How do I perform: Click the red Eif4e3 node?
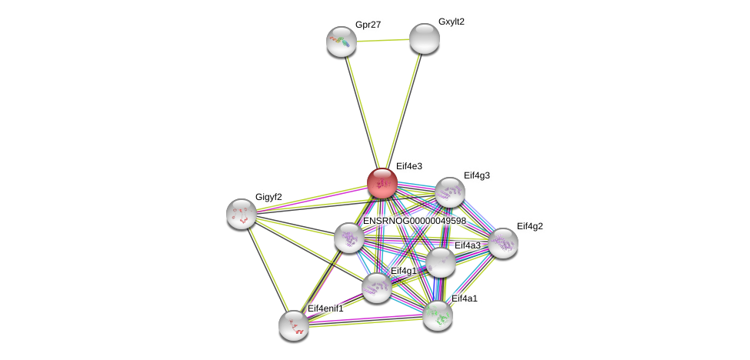[382, 183]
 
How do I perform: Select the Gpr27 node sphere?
[341, 42]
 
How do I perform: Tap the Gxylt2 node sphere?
[424, 38]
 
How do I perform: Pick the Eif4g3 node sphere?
[450, 192]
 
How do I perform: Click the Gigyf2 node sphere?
[242, 214]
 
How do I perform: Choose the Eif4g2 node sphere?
[503, 243]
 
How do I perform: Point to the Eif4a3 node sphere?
[441, 262]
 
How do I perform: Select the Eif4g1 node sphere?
[377, 288]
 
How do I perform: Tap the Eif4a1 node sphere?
[438, 315]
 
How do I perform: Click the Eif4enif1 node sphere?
[294, 325]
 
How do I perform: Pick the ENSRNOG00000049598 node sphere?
[348, 238]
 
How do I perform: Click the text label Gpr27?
[368, 25]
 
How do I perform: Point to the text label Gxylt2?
[452, 22]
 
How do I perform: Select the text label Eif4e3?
[408, 166]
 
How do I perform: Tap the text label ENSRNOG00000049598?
[414, 222]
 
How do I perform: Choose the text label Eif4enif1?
[325, 309]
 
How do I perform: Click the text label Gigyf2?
[268, 197]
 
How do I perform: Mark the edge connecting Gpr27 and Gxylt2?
[382, 40]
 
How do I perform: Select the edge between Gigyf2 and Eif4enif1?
[267, 268]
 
